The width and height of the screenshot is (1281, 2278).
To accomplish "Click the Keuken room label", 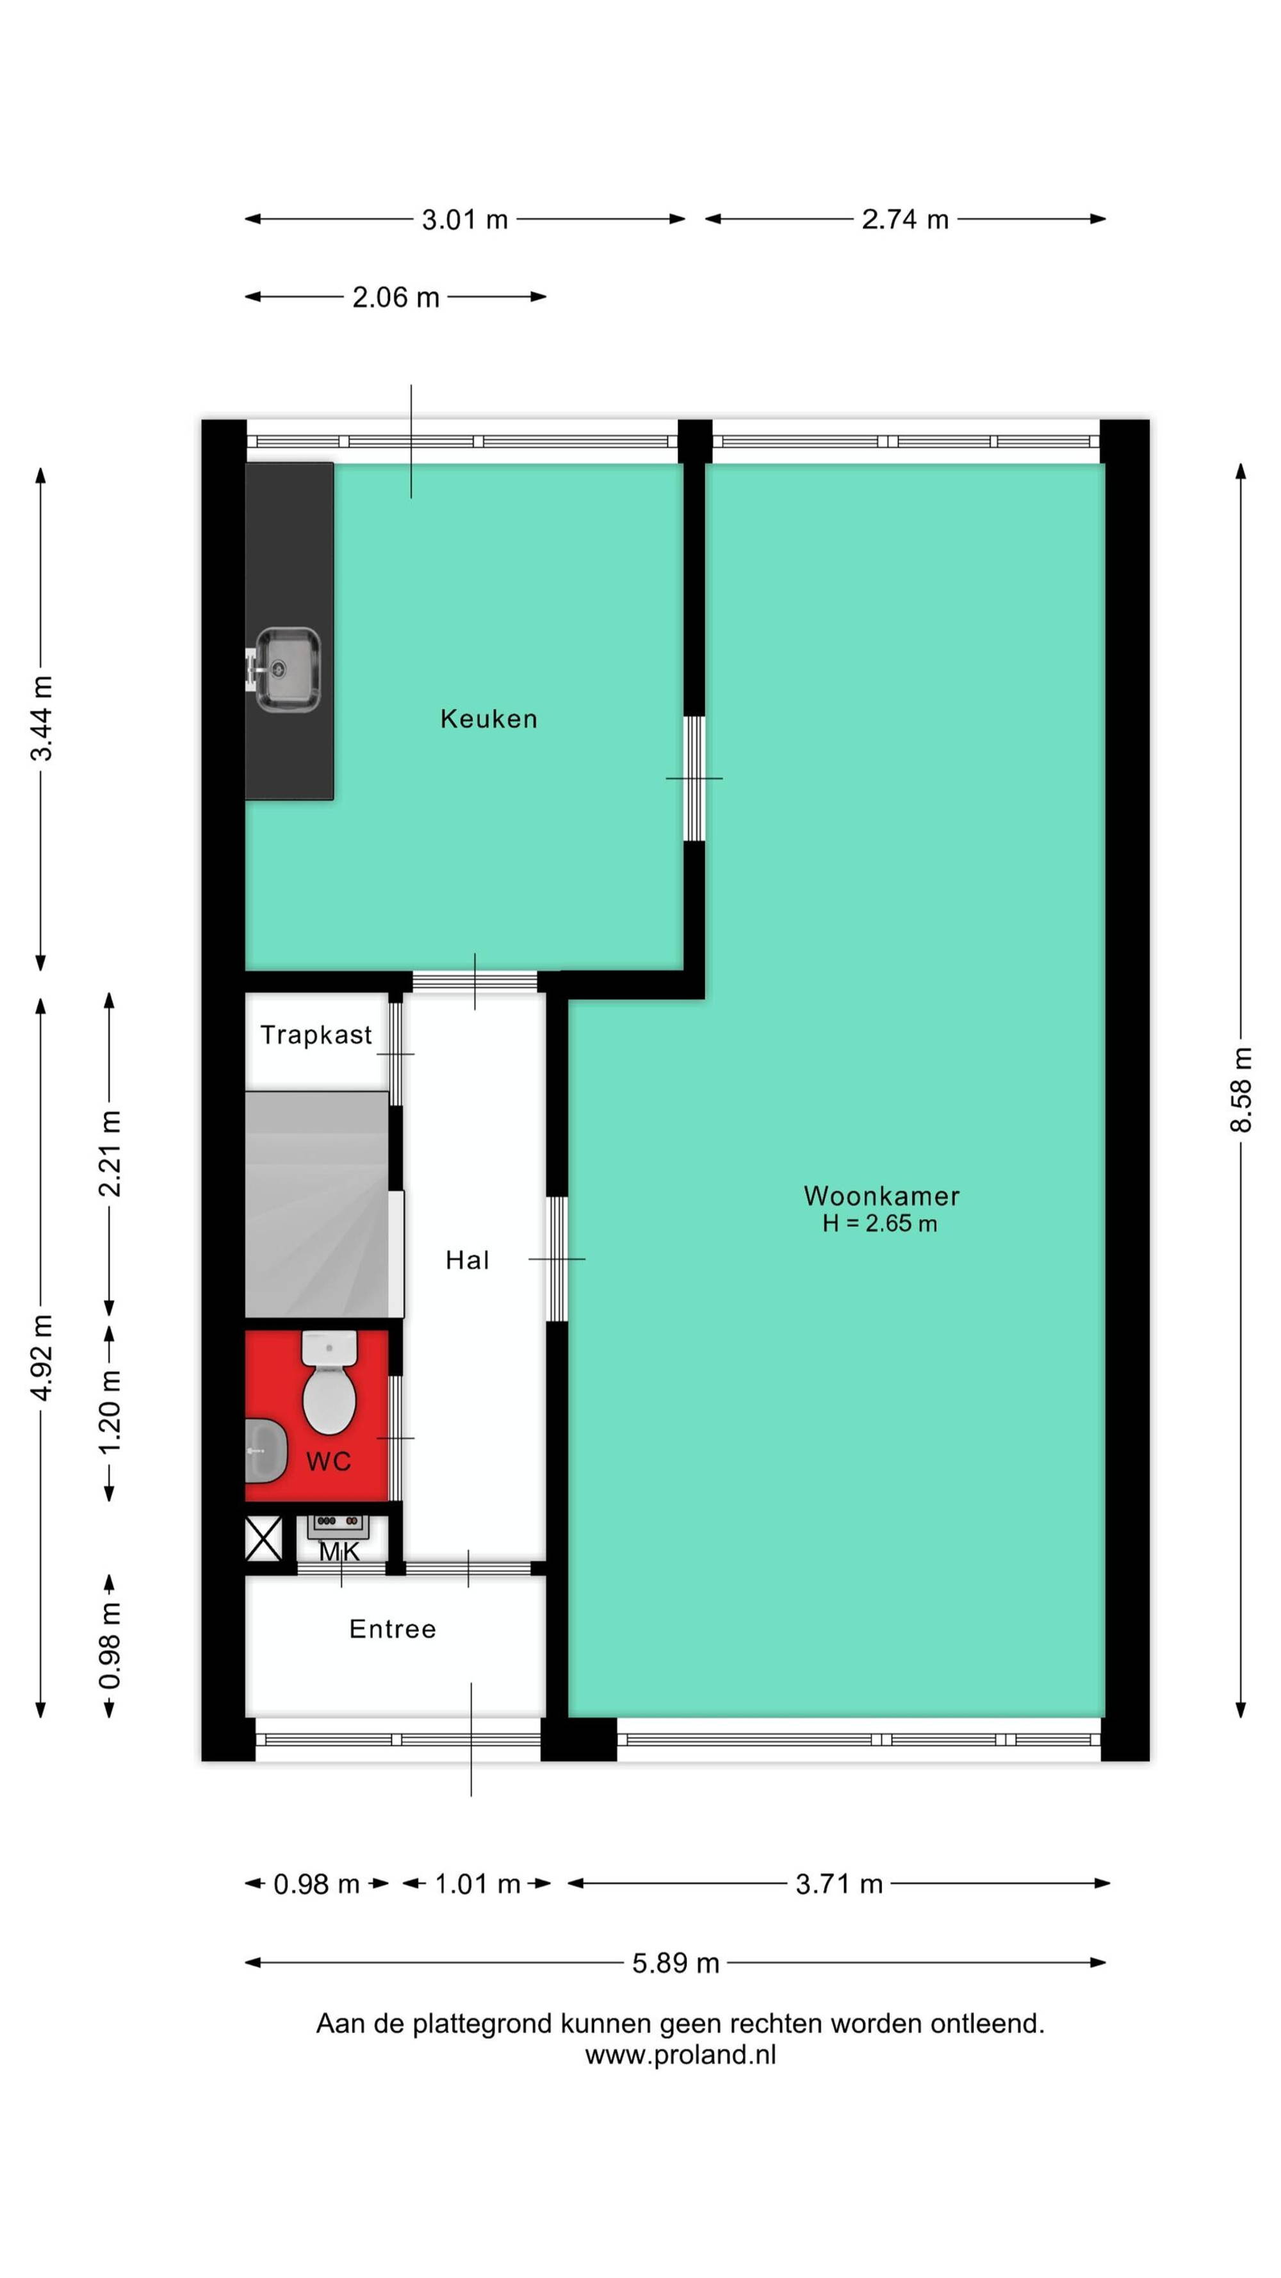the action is pyautogui.click(x=488, y=718).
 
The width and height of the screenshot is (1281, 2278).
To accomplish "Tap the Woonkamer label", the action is pyautogui.click(x=881, y=1196).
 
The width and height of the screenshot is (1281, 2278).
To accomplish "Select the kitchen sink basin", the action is pyautogui.click(x=288, y=670).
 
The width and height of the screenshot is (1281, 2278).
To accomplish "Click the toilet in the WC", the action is pyautogui.click(x=329, y=1382).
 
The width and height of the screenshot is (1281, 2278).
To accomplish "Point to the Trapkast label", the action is pyautogui.click(x=316, y=1035).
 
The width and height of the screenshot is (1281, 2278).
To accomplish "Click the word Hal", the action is pyautogui.click(x=467, y=1260).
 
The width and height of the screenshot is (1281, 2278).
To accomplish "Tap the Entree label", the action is pyautogui.click(x=393, y=1628).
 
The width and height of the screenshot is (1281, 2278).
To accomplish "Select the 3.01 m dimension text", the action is pyautogui.click(x=465, y=219).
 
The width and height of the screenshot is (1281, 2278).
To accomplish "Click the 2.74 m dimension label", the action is pyautogui.click(x=905, y=219).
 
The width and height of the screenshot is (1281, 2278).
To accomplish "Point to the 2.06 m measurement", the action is pyautogui.click(x=395, y=297).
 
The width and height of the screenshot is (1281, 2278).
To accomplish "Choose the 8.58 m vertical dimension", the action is pyautogui.click(x=1241, y=1089).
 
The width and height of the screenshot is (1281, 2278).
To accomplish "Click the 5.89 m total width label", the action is pyautogui.click(x=676, y=1963).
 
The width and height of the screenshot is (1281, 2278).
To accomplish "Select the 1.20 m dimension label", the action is pyautogui.click(x=109, y=1412).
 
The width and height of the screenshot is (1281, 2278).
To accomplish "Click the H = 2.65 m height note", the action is pyautogui.click(x=879, y=1224).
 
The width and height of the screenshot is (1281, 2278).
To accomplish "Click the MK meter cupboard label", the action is pyautogui.click(x=339, y=1551).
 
